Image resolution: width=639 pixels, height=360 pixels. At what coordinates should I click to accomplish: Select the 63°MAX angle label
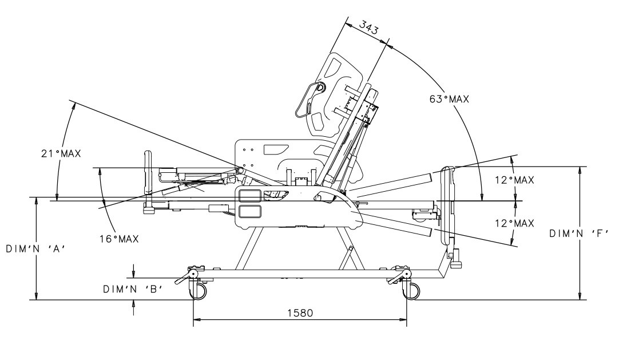point(449,99)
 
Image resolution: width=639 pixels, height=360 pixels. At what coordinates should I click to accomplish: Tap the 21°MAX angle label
point(61,154)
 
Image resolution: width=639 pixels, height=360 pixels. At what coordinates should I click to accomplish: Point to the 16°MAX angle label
point(119,239)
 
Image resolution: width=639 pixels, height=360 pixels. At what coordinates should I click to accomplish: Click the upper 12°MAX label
point(514,180)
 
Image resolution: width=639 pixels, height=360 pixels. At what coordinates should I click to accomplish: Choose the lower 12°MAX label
point(514,223)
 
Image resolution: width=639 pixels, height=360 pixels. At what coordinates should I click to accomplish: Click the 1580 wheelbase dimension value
point(300,313)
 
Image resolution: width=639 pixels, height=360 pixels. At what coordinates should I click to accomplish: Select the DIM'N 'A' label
point(36,249)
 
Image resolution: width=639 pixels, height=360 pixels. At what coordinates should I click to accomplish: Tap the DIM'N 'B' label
point(133,290)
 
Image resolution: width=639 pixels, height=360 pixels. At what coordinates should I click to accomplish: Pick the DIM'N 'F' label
point(579,234)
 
